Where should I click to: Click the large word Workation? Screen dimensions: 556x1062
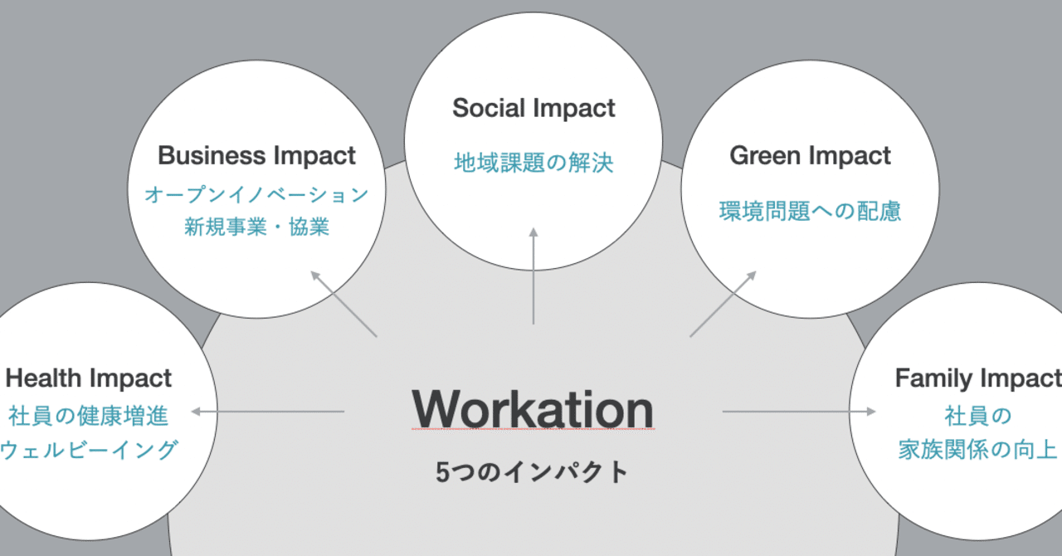pos(533,409)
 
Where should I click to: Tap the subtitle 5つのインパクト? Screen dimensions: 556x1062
pos(533,472)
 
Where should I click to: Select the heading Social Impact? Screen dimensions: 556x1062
pos(533,108)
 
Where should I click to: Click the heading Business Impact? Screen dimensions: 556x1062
pos(256,155)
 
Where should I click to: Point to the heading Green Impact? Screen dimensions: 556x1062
pos(810,155)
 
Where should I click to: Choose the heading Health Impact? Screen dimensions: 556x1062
pos(89,378)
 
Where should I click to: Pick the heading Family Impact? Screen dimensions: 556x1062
pos(977,378)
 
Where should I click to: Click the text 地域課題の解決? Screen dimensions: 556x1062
pos(533,163)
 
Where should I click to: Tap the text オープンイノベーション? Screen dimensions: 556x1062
pos(256,195)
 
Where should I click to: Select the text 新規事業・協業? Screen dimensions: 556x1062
pos(256,227)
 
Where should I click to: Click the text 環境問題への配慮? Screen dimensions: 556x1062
pos(810,211)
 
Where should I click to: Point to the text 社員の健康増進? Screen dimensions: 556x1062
pos(89,415)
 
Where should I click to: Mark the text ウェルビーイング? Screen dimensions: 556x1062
pos(89,450)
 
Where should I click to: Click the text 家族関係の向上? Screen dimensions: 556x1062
pos(977,450)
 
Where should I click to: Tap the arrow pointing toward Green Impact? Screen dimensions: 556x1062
pos(723,304)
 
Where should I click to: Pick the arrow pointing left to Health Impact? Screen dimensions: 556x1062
pos(267,411)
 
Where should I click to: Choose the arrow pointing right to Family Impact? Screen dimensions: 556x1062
pos(799,411)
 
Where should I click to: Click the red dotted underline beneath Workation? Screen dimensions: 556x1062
pos(533,429)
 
